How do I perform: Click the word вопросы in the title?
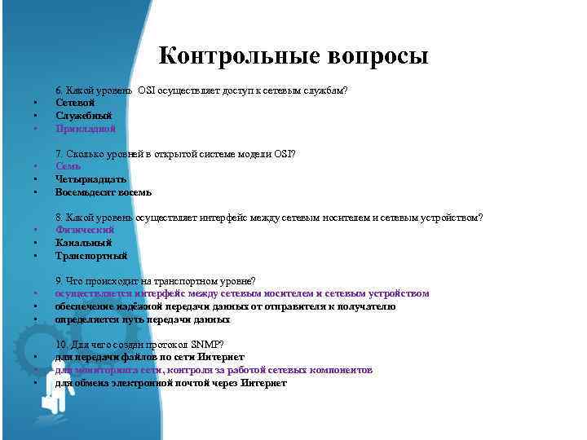377,56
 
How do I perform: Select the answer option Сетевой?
76,103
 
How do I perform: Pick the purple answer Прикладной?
86,129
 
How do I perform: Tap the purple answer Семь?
68,167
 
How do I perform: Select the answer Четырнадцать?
91,179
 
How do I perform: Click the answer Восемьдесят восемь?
104,192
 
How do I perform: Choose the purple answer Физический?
85,230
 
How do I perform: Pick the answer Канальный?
83,243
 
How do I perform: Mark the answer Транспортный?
91,256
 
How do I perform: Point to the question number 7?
58,154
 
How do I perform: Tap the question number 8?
58,218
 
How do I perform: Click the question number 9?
58,281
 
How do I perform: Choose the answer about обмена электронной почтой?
171,383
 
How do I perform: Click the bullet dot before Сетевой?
37,103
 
